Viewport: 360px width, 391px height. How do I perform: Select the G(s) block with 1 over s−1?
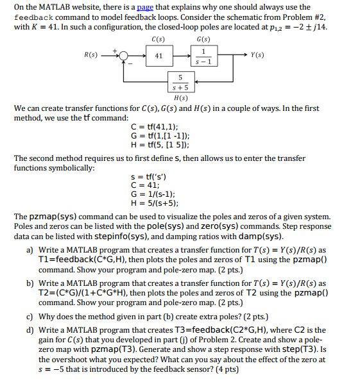coord(203,56)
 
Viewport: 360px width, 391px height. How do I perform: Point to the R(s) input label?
coord(91,55)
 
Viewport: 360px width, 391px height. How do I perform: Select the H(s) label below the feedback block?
coord(180,97)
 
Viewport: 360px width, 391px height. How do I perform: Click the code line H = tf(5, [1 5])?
coord(159,145)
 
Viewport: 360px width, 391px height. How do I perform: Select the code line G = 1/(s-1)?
coord(153,194)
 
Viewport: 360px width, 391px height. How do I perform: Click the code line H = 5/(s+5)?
coord(154,203)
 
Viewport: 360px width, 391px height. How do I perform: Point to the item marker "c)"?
coord(30,317)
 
